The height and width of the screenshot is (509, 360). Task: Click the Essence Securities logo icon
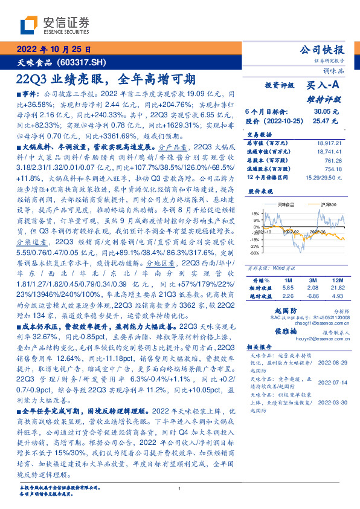[x=28, y=25]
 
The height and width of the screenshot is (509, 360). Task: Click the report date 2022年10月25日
[x=53, y=50]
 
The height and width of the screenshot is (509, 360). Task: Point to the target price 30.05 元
[x=326, y=112]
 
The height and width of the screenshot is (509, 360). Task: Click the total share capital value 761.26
[x=333, y=160]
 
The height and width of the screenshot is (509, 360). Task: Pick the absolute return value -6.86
[x=312, y=296]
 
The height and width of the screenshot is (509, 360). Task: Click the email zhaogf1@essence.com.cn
[x=313, y=323]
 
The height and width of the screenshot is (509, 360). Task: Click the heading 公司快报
[x=321, y=50]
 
